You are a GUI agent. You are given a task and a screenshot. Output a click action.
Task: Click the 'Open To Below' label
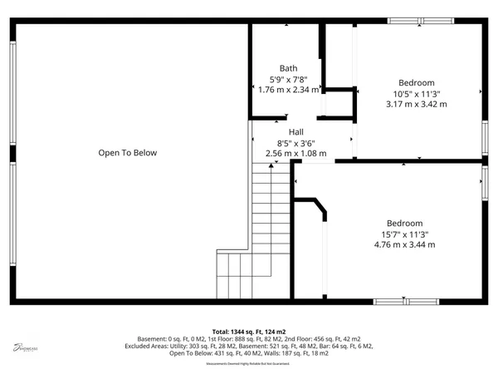pos(128,153)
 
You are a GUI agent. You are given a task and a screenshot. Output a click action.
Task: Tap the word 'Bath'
pos(288,68)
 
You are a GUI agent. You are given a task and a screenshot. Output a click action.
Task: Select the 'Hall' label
pos(296,132)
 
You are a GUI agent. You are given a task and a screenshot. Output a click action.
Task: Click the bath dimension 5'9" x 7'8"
pos(288,79)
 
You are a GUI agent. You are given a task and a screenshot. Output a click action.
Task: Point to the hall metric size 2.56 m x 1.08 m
pos(296,153)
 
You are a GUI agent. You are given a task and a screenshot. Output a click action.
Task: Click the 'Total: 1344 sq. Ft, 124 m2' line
pos(249,332)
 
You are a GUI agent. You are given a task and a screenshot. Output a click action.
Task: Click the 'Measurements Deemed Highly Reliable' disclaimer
pos(249,362)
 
